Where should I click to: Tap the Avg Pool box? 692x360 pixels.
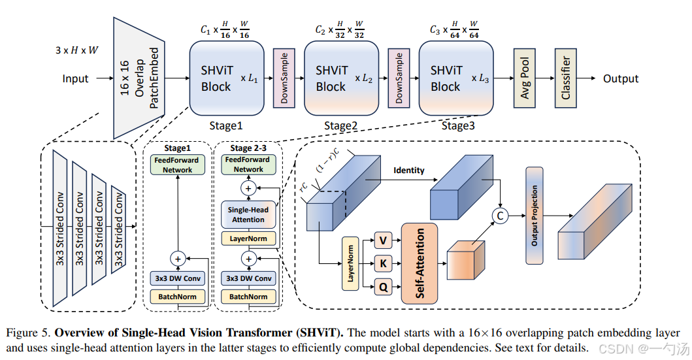525,78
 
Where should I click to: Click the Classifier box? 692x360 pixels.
565,78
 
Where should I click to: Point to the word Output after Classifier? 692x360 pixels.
620,79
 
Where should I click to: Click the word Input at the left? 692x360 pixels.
75,79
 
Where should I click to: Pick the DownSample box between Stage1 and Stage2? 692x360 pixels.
284,78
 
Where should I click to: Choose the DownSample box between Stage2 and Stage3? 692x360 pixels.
399,78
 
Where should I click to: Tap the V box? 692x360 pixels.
384,241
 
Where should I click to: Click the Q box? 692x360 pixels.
384,286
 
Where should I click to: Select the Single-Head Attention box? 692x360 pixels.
248,214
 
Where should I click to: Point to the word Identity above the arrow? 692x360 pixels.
408,171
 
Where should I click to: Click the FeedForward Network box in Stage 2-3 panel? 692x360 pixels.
248,164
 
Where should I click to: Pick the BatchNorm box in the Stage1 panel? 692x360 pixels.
177,297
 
